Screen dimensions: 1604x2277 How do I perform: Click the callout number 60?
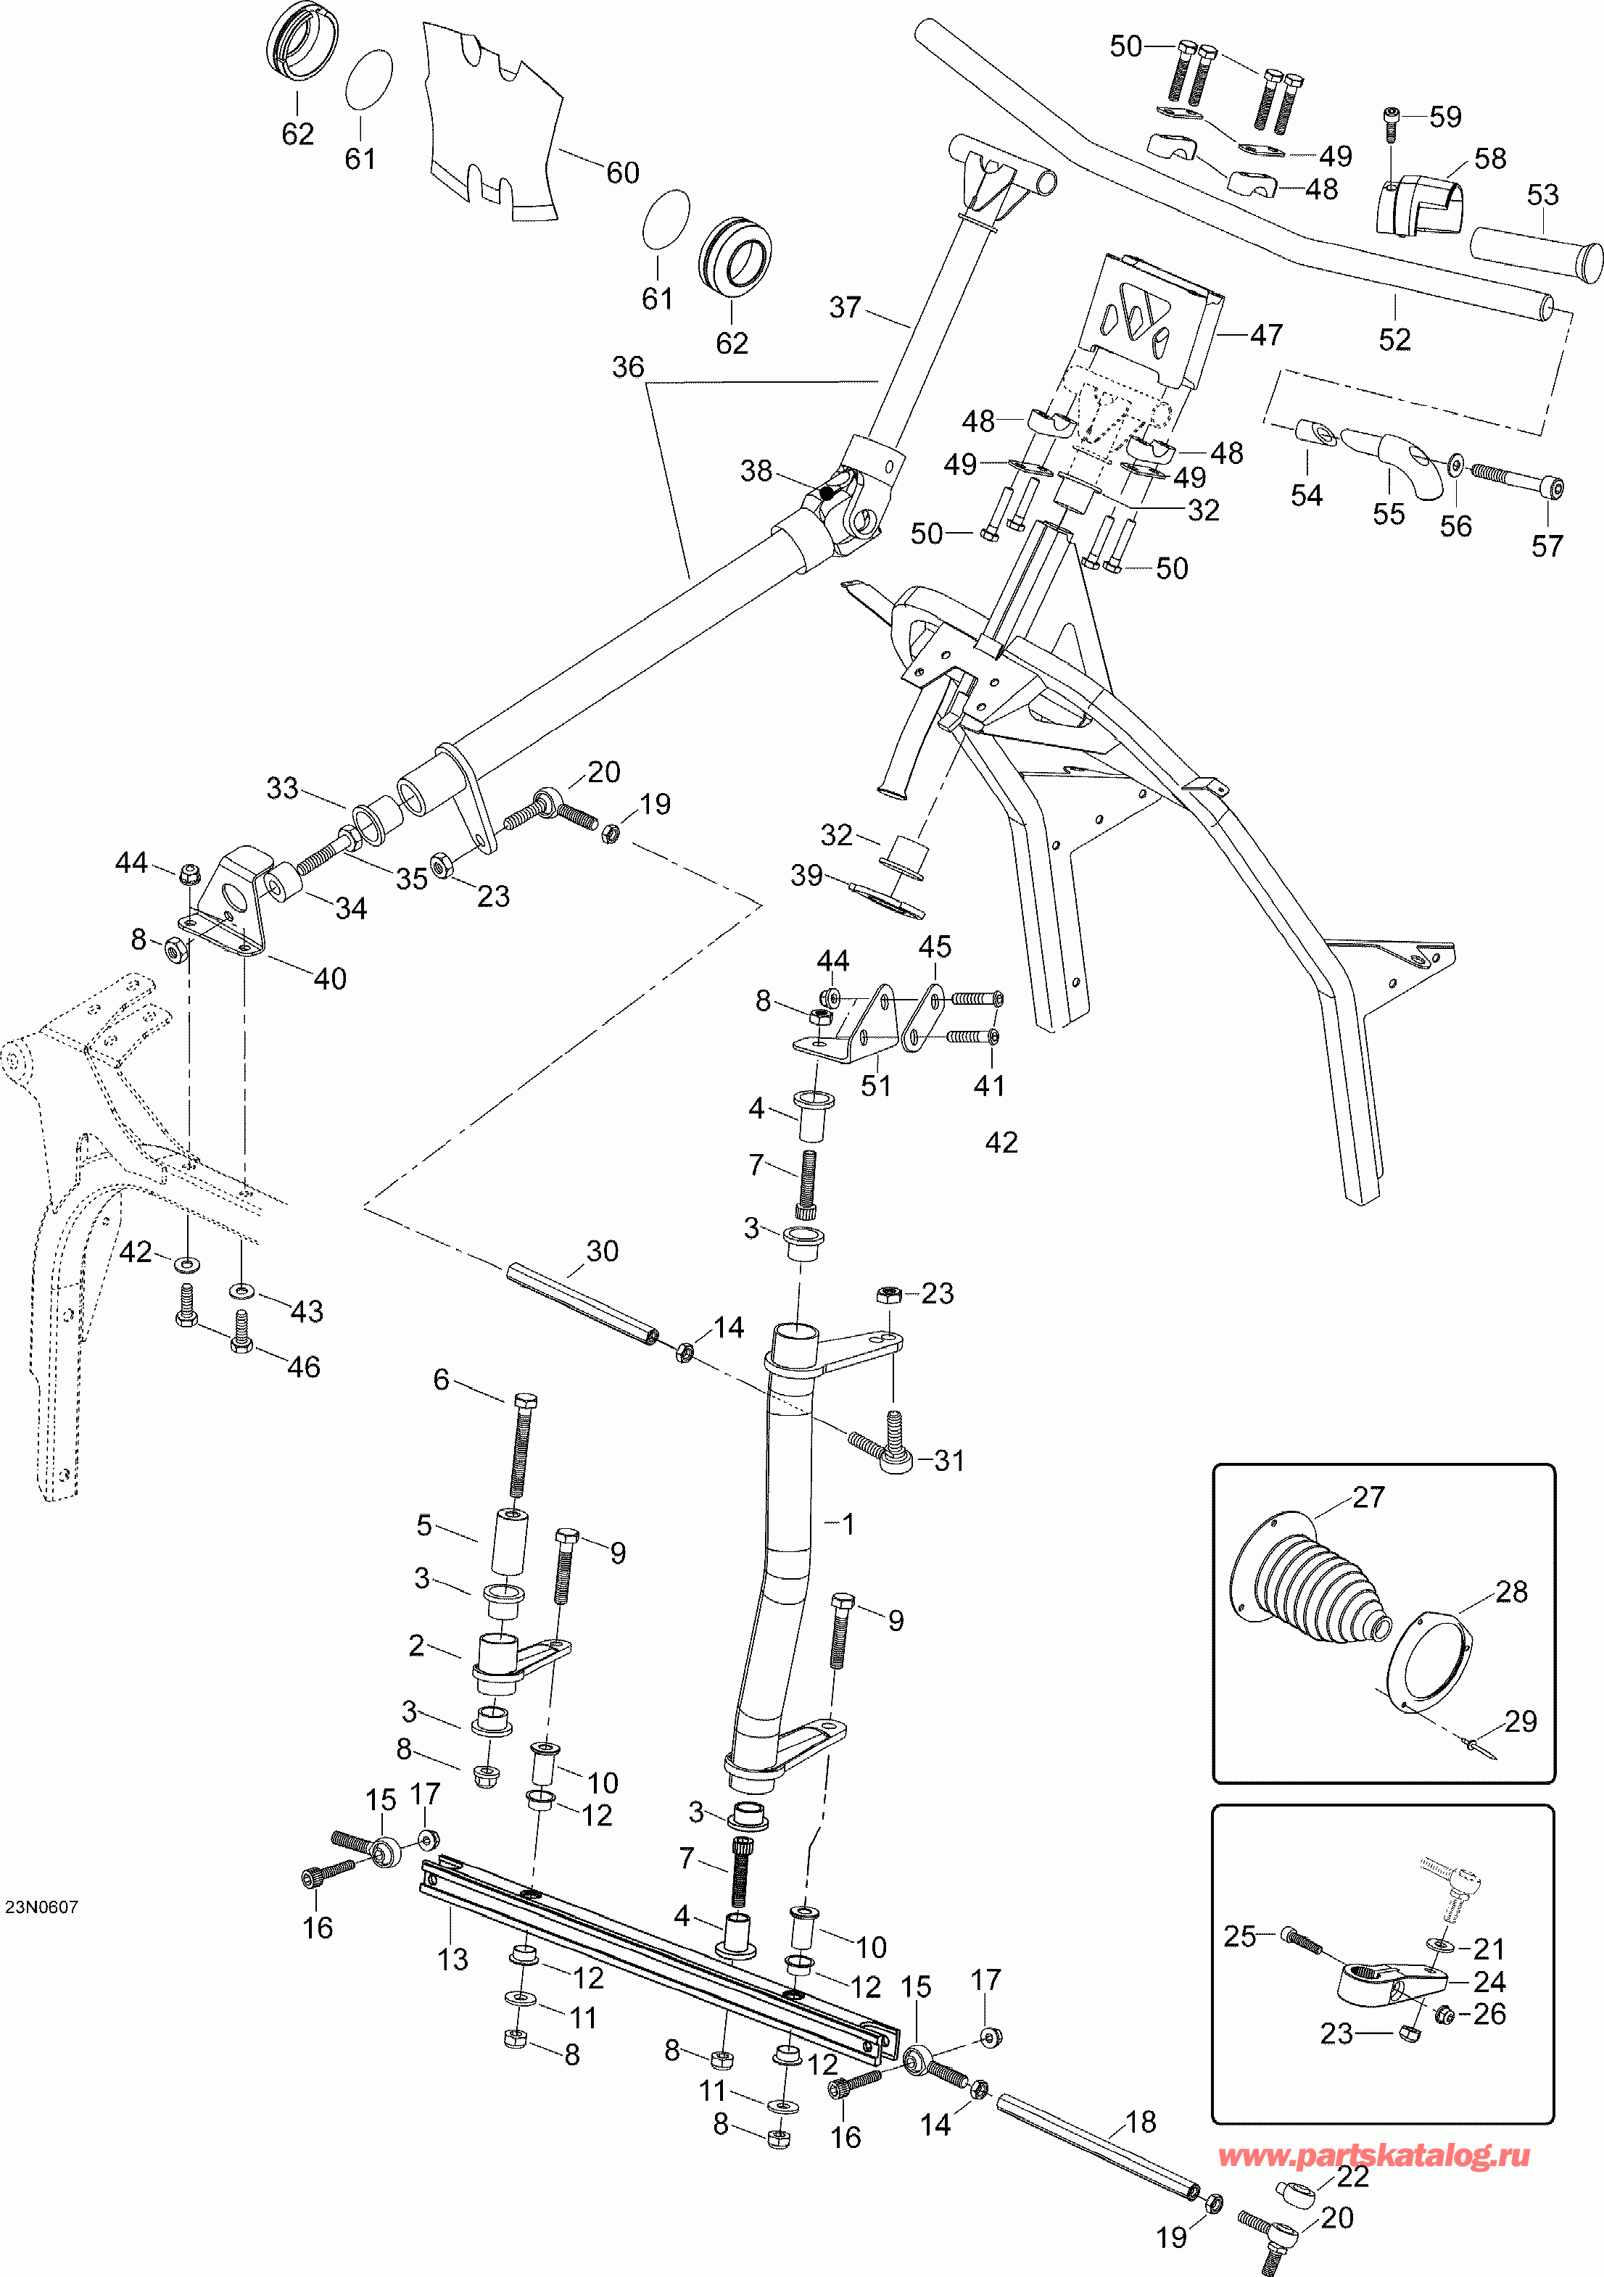click(x=622, y=173)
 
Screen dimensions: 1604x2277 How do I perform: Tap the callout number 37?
click(x=846, y=307)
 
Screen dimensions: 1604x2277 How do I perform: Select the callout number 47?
click(x=1266, y=335)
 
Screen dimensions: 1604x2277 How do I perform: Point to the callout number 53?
click(x=1542, y=196)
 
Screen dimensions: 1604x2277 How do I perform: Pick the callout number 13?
click(x=452, y=1959)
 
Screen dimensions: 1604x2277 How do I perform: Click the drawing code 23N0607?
click(x=41, y=1907)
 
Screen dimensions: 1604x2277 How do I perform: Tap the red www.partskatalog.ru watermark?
click(x=1373, y=2156)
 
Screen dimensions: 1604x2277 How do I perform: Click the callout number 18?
click(x=1141, y=2123)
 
